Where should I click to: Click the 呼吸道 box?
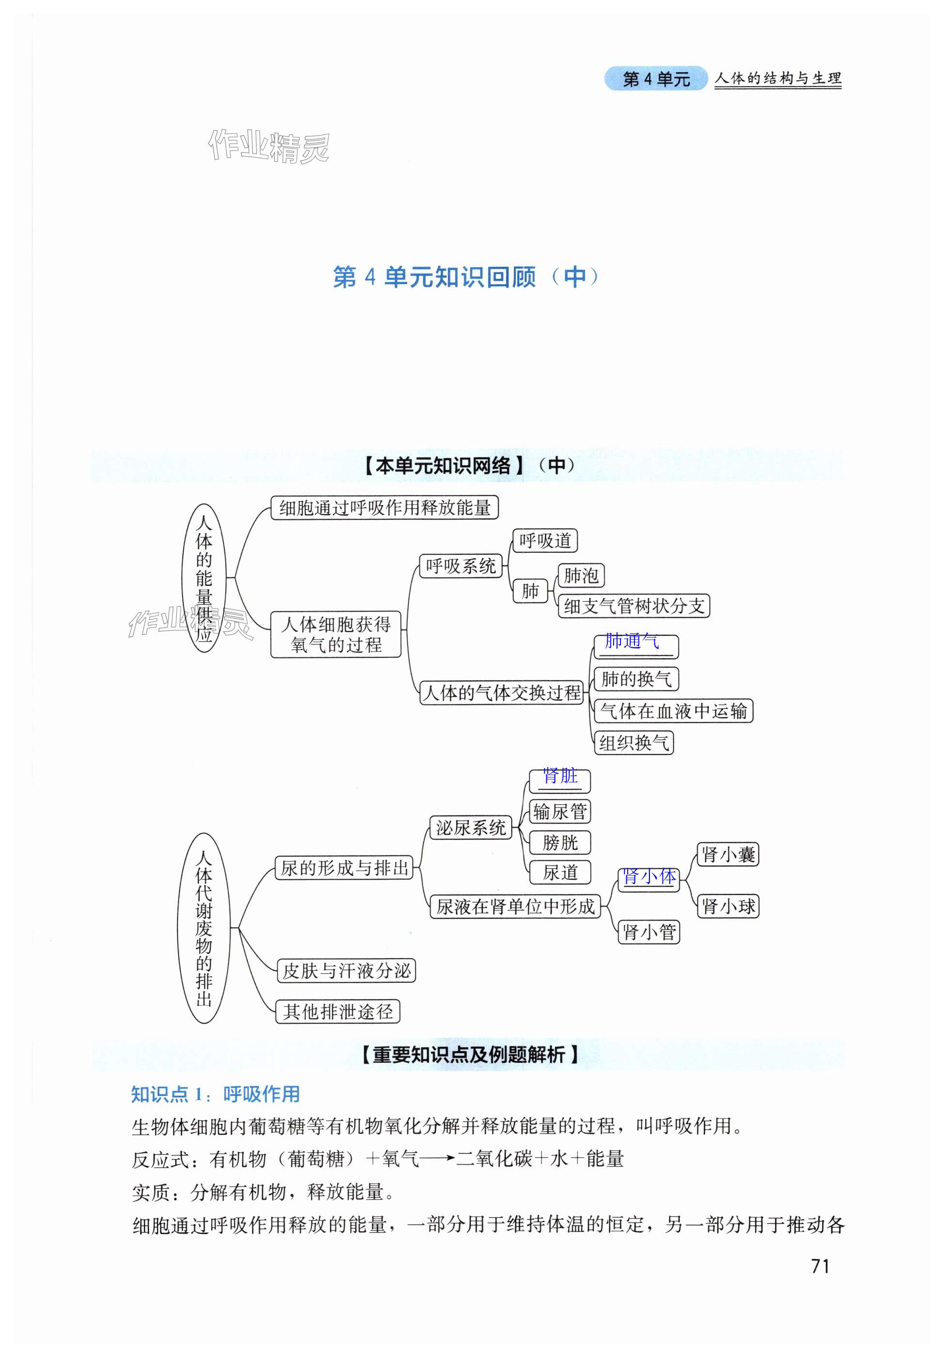click(544, 540)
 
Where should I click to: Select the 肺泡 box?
click(581, 575)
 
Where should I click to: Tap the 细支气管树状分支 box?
click(634, 606)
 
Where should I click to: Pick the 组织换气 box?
click(634, 743)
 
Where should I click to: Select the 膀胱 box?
click(559, 843)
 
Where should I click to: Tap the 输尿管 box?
click(559, 811)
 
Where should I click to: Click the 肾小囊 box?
click(727, 854)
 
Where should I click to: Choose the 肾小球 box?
click(727, 906)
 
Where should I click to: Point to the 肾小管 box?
click(649, 932)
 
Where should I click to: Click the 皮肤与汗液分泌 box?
click(346, 971)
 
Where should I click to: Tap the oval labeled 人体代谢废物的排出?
click(204, 928)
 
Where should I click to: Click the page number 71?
click(820, 1266)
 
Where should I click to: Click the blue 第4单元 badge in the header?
click(656, 78)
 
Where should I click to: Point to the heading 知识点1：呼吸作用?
click(215, 1094)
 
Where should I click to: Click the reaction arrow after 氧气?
click(437, 1159)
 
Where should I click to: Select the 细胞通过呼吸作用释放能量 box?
click(385, 508)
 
